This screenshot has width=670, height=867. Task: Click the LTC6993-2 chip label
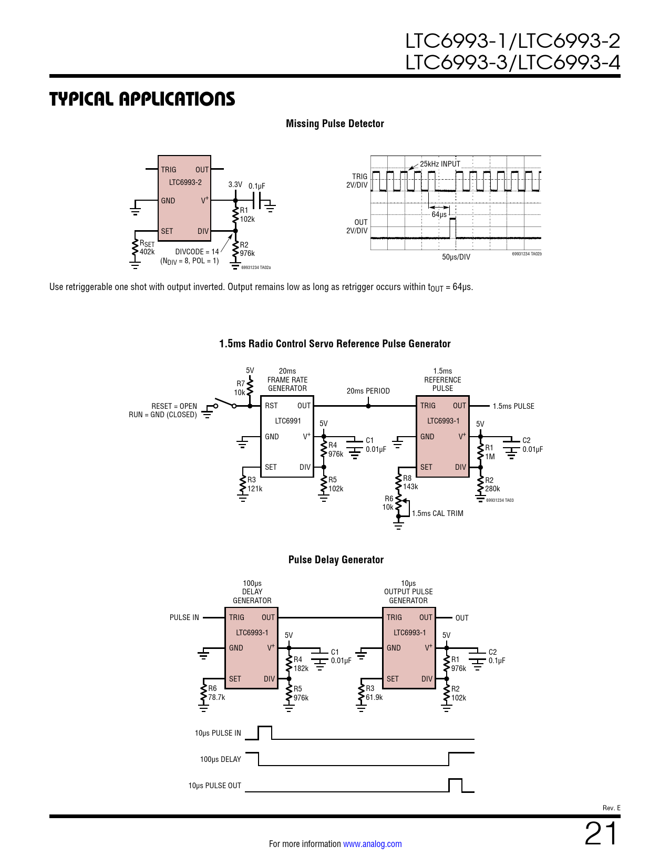coord(185,182)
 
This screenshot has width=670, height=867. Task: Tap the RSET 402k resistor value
coord(147,252)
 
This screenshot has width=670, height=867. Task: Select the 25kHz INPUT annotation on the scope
coord(440,164)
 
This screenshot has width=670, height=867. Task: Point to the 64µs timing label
coord(439,214)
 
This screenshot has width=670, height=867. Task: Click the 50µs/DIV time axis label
coord(456,257)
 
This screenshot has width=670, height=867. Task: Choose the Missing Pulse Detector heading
coord(335,123)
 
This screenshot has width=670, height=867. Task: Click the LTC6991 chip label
coord(288,421)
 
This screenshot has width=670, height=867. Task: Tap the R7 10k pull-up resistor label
coord(240,388)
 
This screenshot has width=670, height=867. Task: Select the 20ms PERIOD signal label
coord(368,391)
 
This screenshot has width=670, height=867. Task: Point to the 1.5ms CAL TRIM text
coord(437,513)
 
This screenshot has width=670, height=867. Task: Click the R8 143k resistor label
coord(410,482)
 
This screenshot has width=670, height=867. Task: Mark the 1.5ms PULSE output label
coord(513,406)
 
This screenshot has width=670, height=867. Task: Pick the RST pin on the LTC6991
coord(271,406)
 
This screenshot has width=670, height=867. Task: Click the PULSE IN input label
coord(184,617)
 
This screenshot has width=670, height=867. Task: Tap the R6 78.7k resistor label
coord(216,693)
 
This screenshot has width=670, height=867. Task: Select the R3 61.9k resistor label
coord(374,693)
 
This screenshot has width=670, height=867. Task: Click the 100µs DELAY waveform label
coord(220,759)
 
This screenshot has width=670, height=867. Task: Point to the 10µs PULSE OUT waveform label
coord(214,786)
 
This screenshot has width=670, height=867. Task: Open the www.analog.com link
coord(372,844)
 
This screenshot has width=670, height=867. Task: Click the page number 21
coord(602,834)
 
